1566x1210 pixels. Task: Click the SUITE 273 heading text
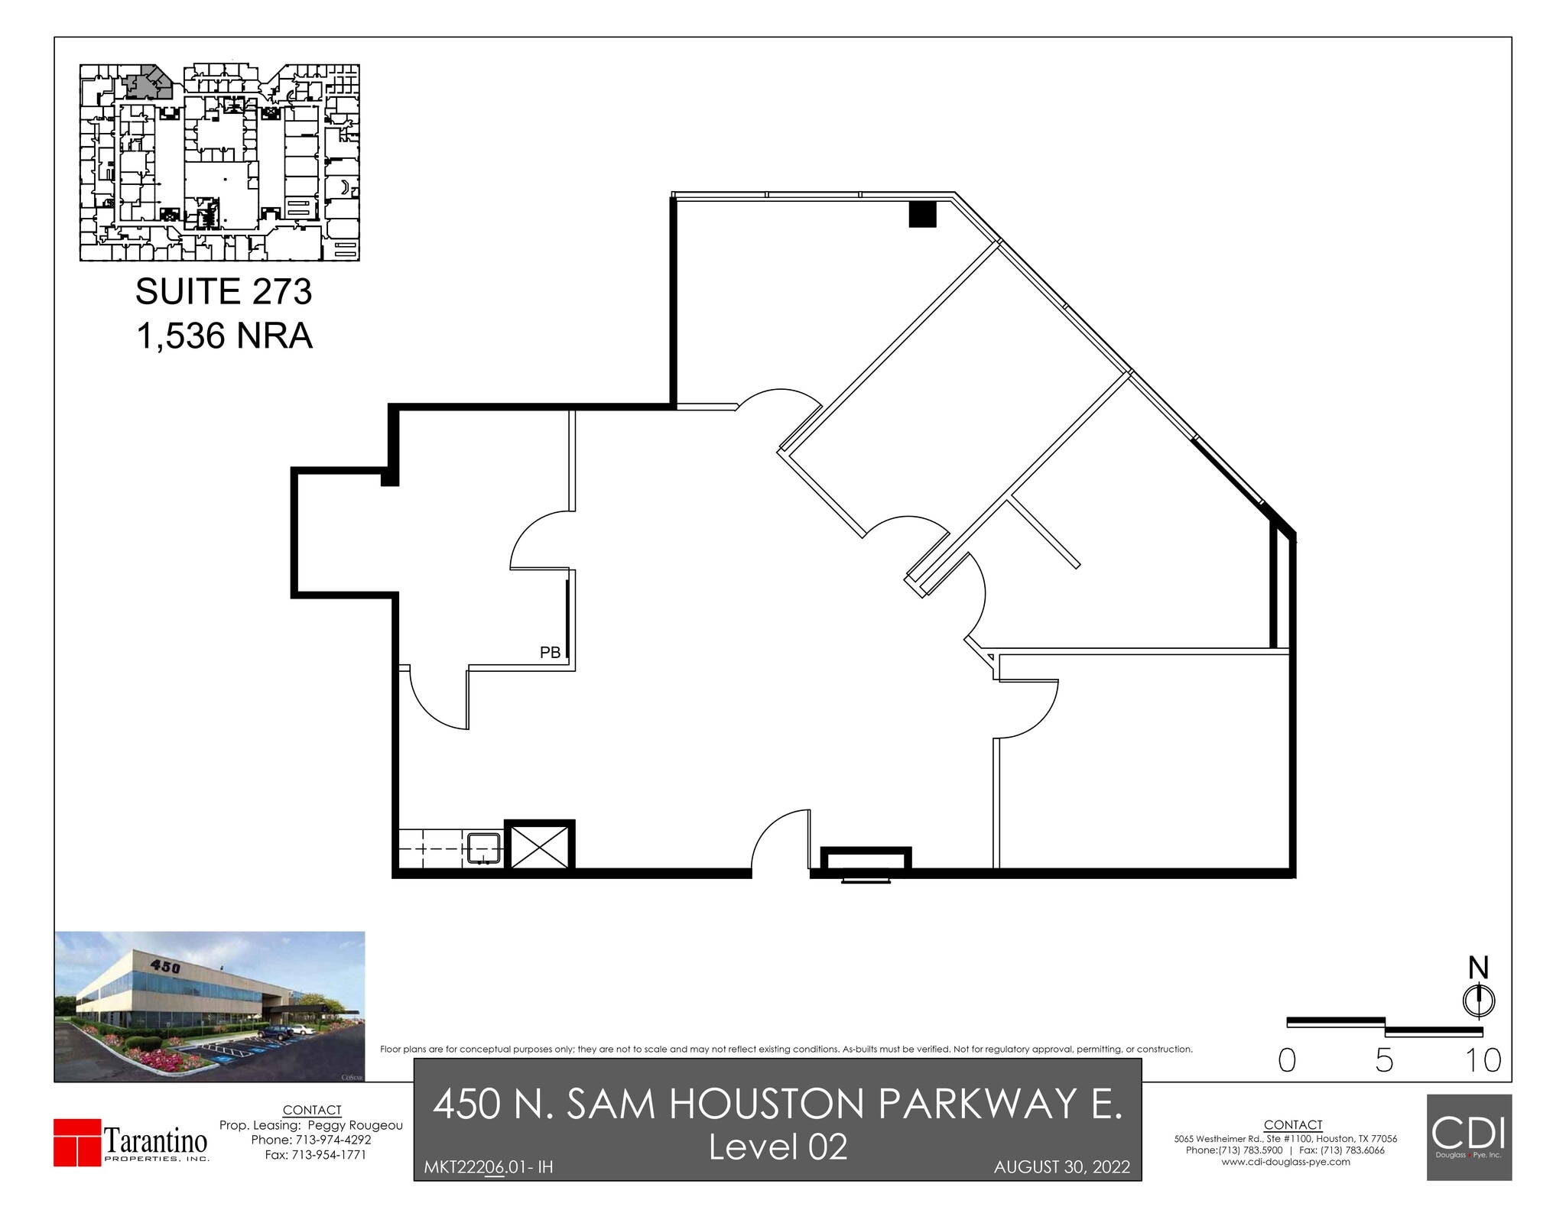coord(223,292)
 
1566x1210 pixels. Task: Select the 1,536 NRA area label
coord(224,336)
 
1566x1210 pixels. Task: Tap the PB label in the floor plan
coord(550,653)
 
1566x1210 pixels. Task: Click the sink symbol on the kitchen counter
coord(484,848)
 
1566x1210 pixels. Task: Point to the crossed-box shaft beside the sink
coord(539,846)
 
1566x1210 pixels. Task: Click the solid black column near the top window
coord(922,214)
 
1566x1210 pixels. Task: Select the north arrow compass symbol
coord(1479,1000)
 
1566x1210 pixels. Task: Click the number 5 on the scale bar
coord(1384,1060)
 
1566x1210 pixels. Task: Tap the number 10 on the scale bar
coord(1483,1060)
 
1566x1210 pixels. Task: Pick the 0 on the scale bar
coord(1287,1060)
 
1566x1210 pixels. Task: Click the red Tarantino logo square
coord(77,1143)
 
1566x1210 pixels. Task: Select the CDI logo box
coord(1469,1137)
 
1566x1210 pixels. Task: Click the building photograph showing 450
coord(210,1006)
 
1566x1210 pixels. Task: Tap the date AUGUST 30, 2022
coord(1061,1167)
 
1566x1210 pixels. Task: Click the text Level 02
coord(778,1147)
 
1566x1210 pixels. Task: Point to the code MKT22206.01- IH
coord(488,1167)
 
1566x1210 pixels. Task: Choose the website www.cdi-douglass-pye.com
coord(1285,1162)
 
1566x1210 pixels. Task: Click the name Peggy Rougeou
coord(355,1125)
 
